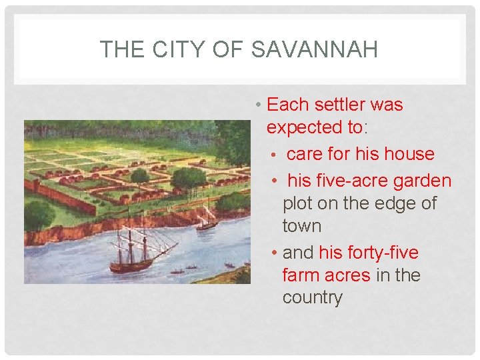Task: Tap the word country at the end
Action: [312, 297]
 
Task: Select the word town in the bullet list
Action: [301, 225]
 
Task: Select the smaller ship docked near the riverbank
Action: [207, 220]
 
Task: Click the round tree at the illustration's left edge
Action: [39, 215]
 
